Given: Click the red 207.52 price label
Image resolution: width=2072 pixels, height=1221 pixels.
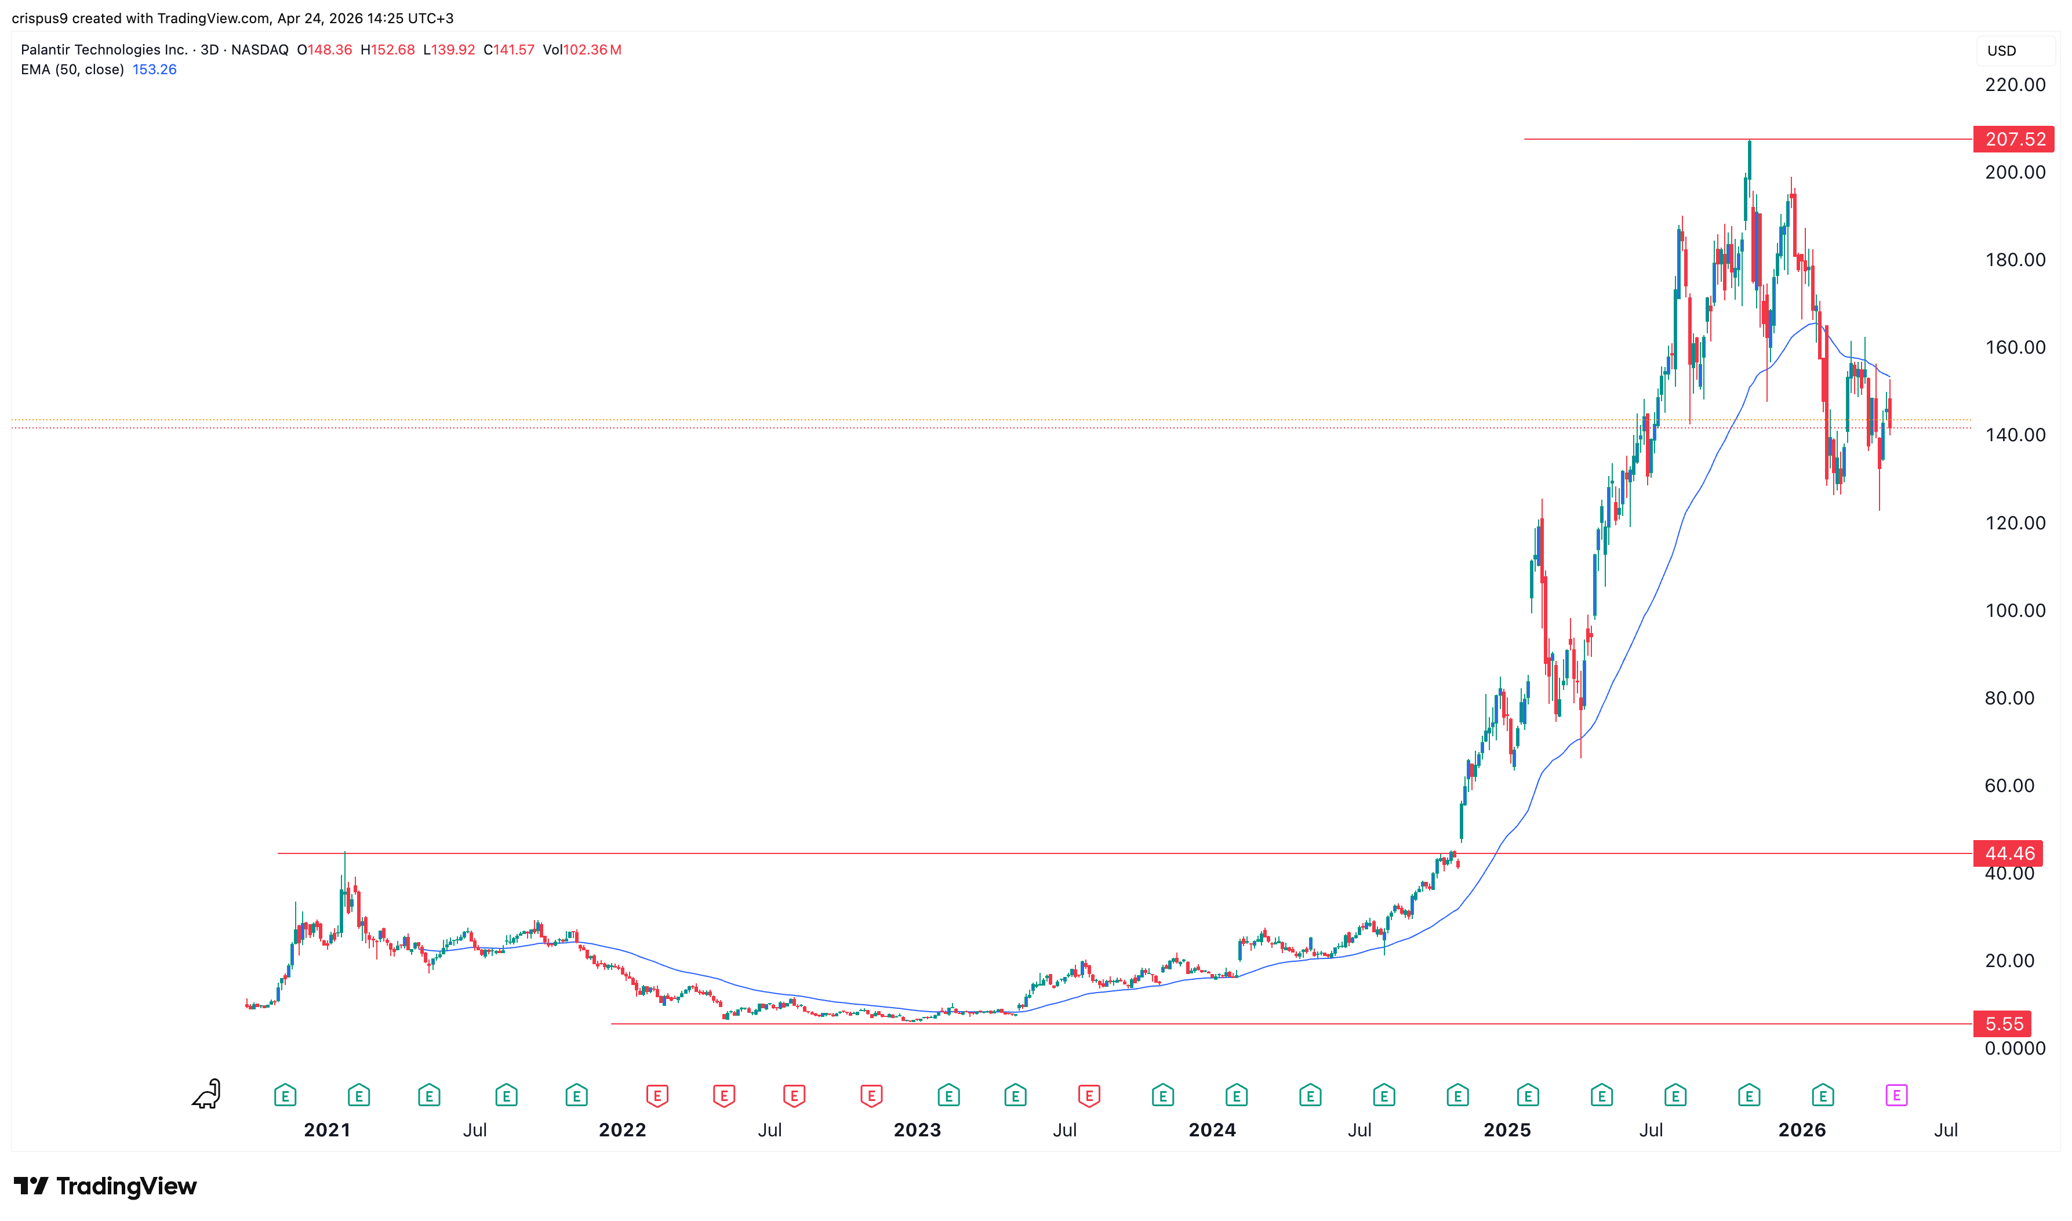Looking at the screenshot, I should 2013,139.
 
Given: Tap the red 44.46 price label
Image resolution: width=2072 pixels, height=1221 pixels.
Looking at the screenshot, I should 2009,853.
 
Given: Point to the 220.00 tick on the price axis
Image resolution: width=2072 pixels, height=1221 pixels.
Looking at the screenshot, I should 2015,85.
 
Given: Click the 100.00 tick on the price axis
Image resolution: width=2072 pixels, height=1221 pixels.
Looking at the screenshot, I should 2015,610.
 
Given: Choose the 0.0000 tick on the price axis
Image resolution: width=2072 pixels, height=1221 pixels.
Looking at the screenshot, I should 2015,1048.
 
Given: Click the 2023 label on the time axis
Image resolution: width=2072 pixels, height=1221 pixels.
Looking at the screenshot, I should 917,1129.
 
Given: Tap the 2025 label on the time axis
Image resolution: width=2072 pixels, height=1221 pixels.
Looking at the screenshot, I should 1507,1129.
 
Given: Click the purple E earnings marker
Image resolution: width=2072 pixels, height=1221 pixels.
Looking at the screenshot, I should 1896,1095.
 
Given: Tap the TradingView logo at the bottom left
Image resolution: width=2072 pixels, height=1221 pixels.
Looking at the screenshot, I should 106,1186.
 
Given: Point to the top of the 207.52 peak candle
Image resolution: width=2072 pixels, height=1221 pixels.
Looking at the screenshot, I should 1750,141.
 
